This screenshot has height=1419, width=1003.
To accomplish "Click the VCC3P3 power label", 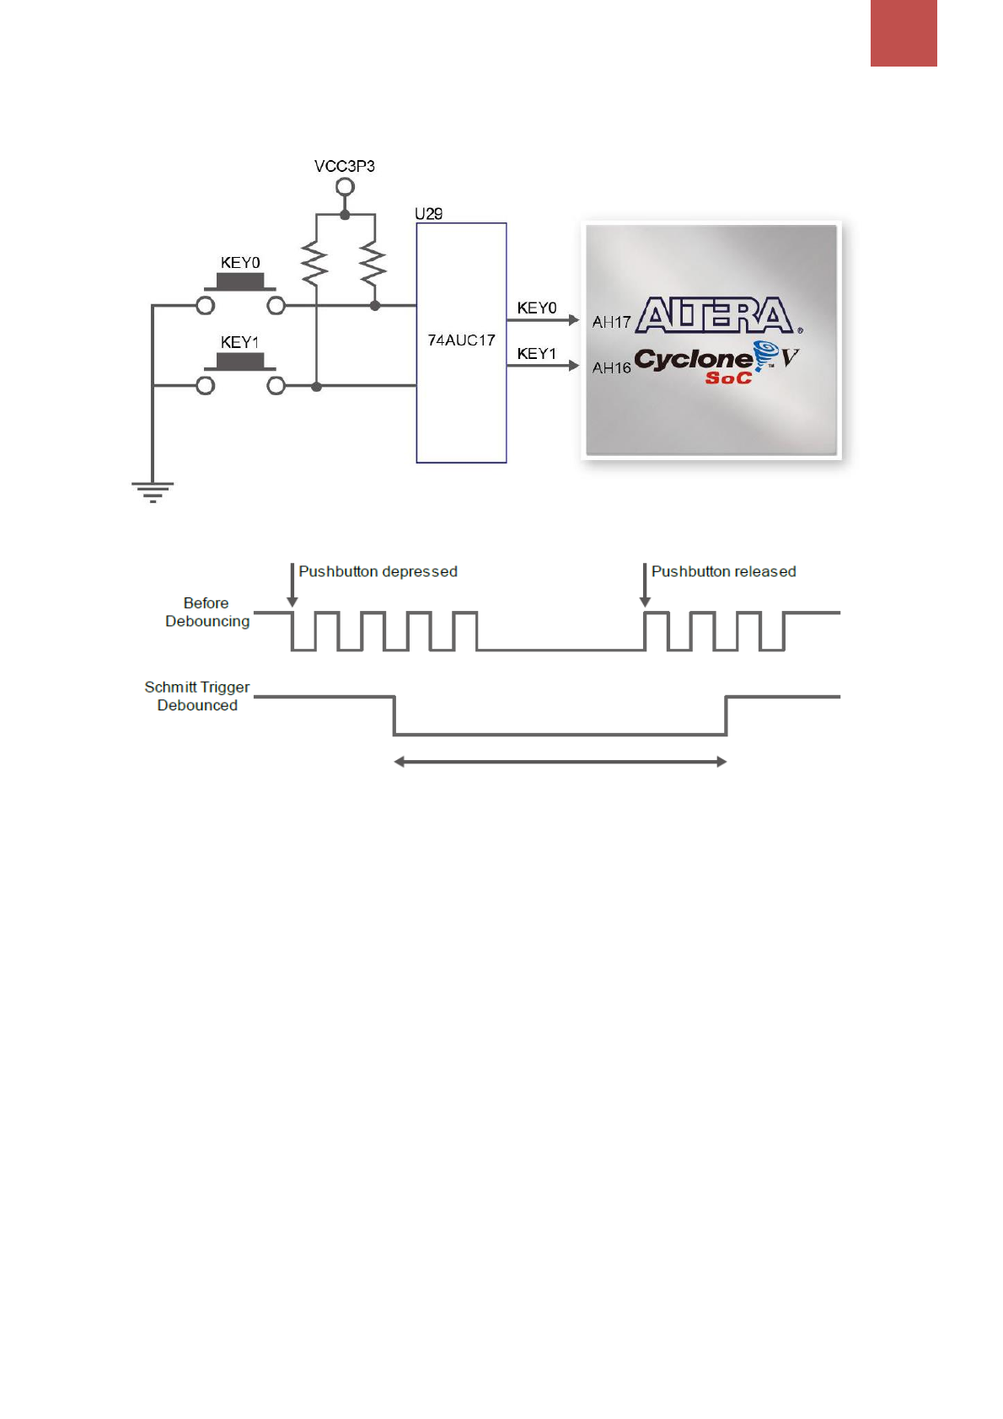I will pos(344,166).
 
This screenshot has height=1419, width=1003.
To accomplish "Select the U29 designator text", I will pos(428,214).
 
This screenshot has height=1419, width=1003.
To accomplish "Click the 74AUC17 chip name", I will pos(461,340).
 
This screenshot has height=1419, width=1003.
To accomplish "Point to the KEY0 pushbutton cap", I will pos(240,281).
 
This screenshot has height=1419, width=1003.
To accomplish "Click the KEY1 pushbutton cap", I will pos(240,361).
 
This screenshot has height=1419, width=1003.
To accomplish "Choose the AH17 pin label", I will pos(611,322).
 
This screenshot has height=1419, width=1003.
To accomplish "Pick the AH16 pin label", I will pos(611,368).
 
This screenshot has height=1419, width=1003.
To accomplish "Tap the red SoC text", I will pos(728,378).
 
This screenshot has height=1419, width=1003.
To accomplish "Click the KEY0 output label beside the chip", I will pos(537,308).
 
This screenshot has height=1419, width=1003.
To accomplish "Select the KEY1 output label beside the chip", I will pos(537,354).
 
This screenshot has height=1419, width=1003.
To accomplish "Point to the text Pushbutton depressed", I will pos(378,571).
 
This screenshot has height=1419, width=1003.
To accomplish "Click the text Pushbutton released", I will pos(723,571).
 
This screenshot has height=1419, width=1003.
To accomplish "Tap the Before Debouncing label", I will pos(207,613).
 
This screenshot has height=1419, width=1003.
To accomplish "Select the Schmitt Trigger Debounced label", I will pos(197,697).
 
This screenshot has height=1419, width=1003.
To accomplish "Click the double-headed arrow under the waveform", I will pos(560,762).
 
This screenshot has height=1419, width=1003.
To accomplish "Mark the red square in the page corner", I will pos(904,33).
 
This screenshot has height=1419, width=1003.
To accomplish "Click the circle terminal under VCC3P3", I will pos(345,187).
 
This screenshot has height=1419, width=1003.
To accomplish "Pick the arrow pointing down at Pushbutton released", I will pos(645,586).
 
